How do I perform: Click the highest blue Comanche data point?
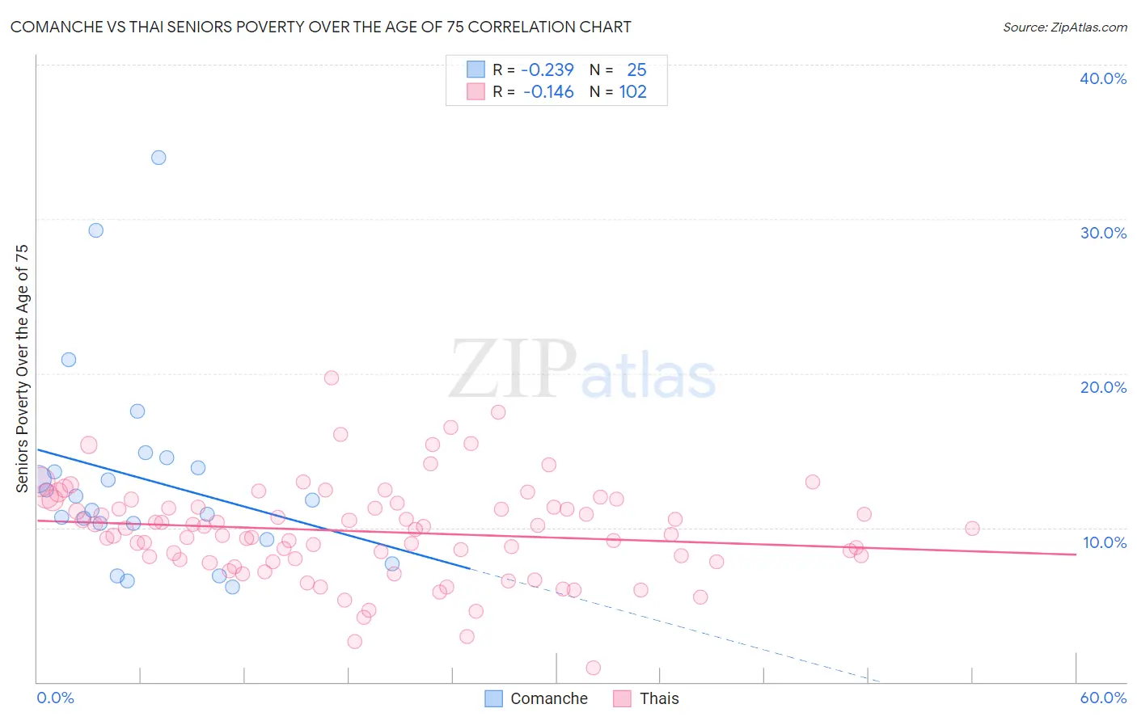(159, 158)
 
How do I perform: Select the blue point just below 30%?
(96, 230)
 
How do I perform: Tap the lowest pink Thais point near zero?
(593, 668)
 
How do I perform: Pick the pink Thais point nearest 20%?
(331, 377)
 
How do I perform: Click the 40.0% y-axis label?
(1103, 78)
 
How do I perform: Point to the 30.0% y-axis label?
(1103, 233)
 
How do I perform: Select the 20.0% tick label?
(1103, 387)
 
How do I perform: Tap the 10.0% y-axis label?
(1103, 542)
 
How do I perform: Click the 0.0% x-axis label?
(55, 698)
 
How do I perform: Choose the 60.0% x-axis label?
(1103, 698)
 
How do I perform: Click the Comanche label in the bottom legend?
(549, 698)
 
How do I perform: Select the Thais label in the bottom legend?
(659, 698)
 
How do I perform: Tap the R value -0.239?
(547, 70)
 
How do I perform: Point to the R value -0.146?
(548, 92)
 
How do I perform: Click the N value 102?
(633, 92)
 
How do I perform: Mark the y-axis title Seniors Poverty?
(22, 369)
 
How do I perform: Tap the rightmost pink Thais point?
(972, 529)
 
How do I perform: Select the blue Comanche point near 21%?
(69, 360)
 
